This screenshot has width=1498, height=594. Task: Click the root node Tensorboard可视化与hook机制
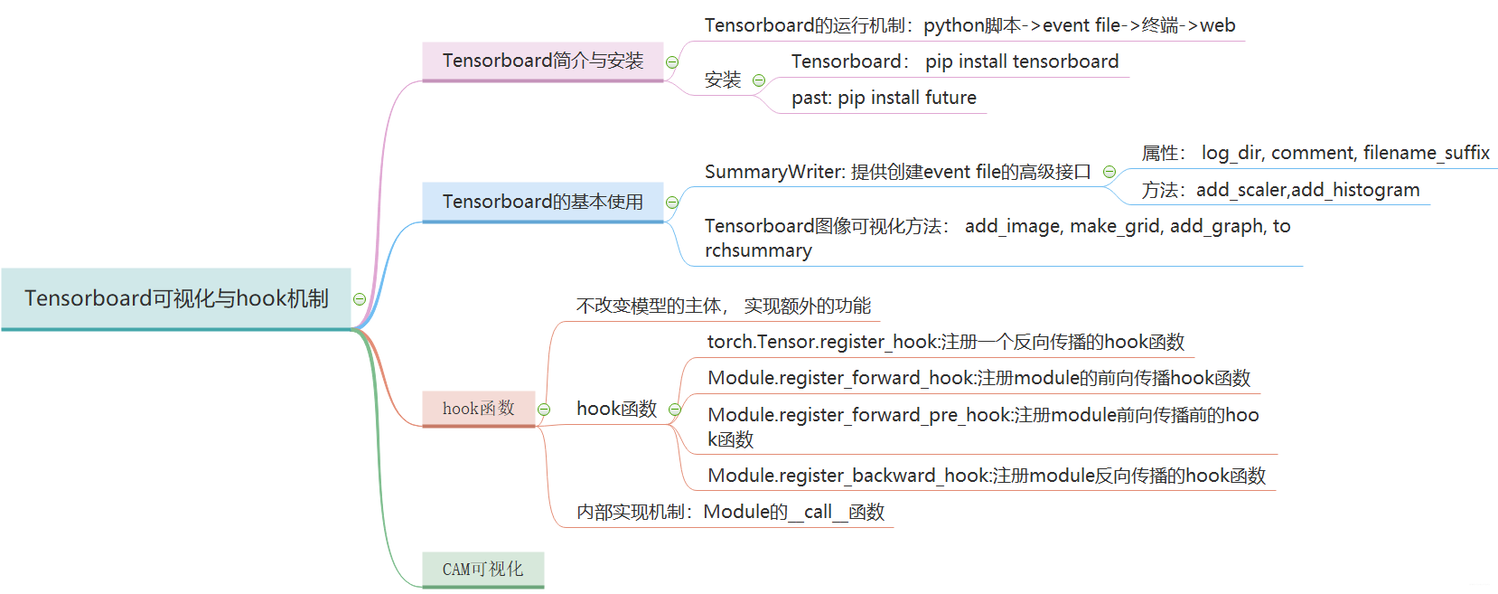[176, 298]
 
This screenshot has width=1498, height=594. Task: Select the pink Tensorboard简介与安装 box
[542, 61]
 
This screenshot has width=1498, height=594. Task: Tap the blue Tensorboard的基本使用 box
[542, 202]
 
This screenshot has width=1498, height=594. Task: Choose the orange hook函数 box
[478, 409]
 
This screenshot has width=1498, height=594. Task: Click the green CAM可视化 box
[482, 570]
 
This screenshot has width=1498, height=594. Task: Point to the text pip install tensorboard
[1021, 61]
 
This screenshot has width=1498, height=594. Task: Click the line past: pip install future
[884, 98]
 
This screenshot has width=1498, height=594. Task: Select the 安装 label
[723, 80]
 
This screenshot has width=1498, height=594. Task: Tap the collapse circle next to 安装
[759, 80]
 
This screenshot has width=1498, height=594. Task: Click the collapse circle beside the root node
[360, 299]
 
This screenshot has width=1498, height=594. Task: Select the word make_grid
[1115, 226]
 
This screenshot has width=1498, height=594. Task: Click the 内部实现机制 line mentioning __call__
[730, 512]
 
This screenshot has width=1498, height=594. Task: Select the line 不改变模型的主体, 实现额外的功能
[723, 306]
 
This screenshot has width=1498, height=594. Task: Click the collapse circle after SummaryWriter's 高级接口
[1109, 172]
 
